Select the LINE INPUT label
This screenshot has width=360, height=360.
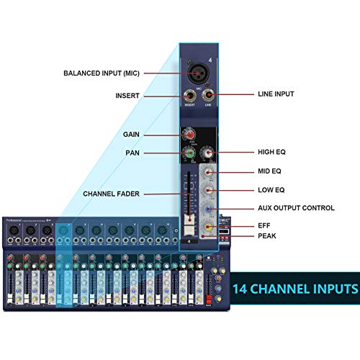coord(276,94)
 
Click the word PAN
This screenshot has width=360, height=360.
coord(132,153)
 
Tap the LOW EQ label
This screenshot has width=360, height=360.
coord(271,190)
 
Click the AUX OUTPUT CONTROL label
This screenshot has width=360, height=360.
coord(296,208)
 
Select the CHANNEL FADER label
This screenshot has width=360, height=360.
coord(112,194)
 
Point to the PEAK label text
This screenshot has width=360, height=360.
coord(267,235)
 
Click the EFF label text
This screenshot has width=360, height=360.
coord(264,225)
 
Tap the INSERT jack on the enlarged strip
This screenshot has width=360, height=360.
coord(191,95)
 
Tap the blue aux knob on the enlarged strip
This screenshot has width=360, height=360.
coord(209,209)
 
